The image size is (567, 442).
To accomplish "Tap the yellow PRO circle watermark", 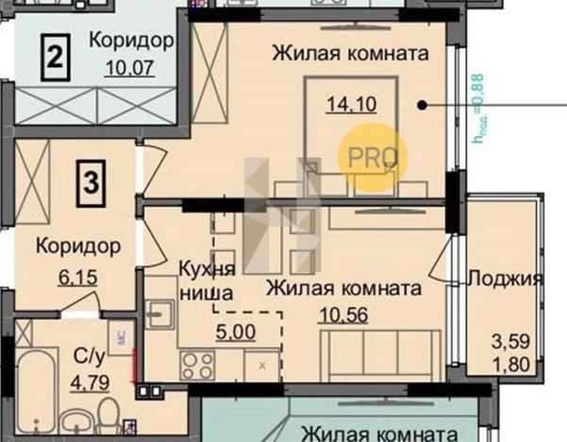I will tap(373, 158).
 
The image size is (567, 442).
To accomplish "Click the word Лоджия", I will tap(507, 279).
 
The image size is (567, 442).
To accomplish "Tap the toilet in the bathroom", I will tap(109, 415).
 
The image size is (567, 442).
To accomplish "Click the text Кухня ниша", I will tap(205, 280).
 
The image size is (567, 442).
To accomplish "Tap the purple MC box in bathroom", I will tap(122, 334).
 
